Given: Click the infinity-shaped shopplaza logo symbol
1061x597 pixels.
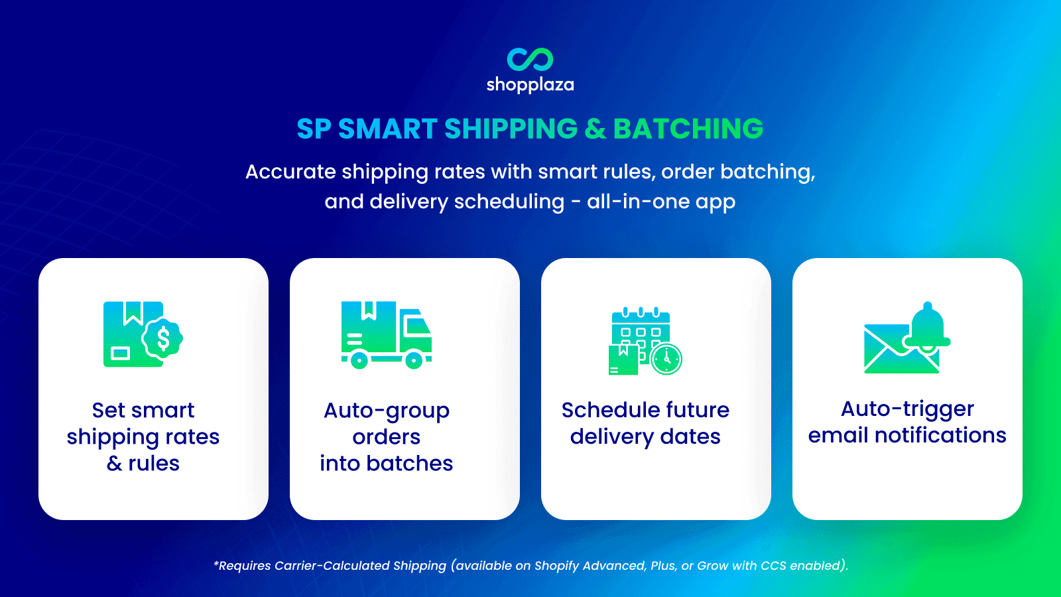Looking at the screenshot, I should point(530,59).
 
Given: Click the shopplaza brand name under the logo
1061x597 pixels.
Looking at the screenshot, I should point(530,85).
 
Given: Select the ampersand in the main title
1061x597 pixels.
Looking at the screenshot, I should point(595,129).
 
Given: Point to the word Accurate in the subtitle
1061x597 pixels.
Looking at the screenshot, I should point(290,172).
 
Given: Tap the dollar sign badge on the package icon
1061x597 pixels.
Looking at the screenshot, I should point(163,339).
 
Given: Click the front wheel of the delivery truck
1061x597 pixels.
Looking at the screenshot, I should point(414,361).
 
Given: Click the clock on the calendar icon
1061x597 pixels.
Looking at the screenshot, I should point(666,360).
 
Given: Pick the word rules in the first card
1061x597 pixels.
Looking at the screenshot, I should point(154,463).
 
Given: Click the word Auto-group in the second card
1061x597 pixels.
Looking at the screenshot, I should point(387,411).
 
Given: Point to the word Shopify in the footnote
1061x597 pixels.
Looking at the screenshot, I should point(556,566).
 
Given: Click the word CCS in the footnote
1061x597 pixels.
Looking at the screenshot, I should point(773,566).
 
